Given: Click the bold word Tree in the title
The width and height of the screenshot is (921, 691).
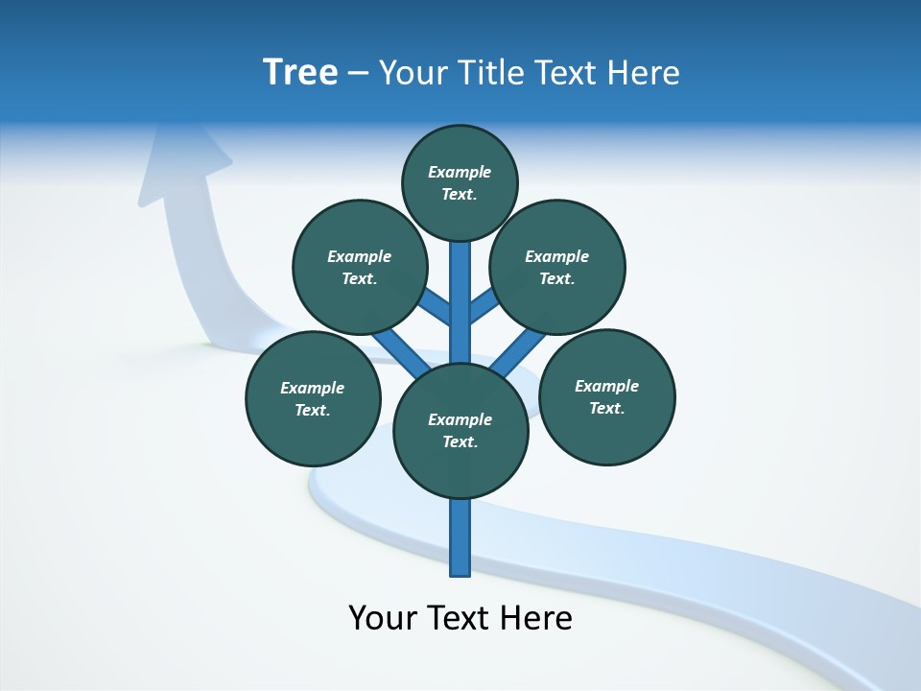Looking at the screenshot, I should (x=300, y=73).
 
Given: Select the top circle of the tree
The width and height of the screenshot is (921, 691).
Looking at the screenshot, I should (x=460, y=182).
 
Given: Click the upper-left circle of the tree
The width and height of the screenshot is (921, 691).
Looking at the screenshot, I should (x=359, y=267).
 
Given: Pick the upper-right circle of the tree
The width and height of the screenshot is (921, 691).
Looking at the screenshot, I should (x=557, y=267).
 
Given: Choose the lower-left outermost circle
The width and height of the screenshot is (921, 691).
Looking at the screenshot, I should (x=313, y=398).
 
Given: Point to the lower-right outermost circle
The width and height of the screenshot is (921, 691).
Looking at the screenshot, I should (x=607, y=396).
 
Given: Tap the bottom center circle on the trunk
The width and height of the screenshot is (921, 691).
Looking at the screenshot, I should (x=460, y=431).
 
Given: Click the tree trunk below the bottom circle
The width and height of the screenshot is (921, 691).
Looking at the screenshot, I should (x=460, y=537).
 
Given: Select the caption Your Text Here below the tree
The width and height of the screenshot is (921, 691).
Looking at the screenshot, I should (x=460, y=617).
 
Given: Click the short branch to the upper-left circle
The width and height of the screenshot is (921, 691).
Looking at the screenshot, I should (x=435, y=306).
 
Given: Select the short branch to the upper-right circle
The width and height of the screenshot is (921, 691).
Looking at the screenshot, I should (x=484, y=306).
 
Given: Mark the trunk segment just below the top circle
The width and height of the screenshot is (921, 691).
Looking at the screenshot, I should (x=460, y=278).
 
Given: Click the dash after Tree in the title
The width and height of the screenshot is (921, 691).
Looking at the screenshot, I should (x=358, y=73).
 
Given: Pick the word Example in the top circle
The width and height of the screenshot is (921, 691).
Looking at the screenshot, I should (x=460, y=172).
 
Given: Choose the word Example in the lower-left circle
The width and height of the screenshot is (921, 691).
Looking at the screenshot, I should (x=312, y=388).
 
